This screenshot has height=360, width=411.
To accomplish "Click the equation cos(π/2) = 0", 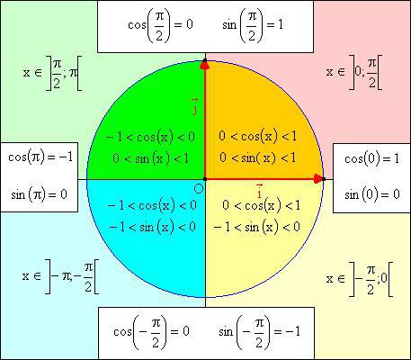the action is pyautogui.click(x=160, y=25).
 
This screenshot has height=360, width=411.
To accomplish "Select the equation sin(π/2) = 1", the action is pyautogui.click(x=253, y=25).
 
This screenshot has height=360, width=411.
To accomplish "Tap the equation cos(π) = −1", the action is pyautogui.click(x=40, y=157).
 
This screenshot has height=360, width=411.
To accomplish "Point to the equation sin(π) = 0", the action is pyautogui.click(x=40, y=195).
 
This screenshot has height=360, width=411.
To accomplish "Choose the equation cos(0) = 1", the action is pyautogui.click(x=372, y=158).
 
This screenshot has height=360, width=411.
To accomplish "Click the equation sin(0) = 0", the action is pyautogui.click(x=372, y=194).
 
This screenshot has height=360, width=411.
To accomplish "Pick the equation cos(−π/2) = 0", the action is pyautogui.click(x=152, y=332).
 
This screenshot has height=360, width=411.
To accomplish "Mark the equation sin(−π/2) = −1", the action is pyautogui.click(x=260, y=332).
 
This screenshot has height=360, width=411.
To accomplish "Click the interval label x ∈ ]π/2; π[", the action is pyautogui.click(x=52, y=73).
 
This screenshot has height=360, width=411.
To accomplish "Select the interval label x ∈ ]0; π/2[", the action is pyautogui.click(x=354, y=72).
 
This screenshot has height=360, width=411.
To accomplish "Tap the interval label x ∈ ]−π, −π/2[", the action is pyautogui.click(x=60, y=276).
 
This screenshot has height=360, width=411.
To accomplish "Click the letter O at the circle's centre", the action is pyautogui.click(x=199, y=189).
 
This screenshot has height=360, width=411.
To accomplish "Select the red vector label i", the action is pyautogui.click(x=260, y=192).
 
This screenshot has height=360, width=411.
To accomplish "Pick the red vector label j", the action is pyautogui.click(x=195, y=106).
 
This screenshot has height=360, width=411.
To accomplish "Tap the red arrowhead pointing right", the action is pyautogui.click(x=317, y=179).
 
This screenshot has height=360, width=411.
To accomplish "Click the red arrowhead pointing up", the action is pyautogui.click(x=205, y=64).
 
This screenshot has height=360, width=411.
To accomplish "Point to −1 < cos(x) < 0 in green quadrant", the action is pyautogui.click(x=150, y=138).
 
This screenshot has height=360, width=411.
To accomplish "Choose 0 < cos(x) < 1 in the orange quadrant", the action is pyautogui.click(x=258, y=137).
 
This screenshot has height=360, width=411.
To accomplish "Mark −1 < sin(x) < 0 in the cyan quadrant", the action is pyautogui.click(x=153, y=227).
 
